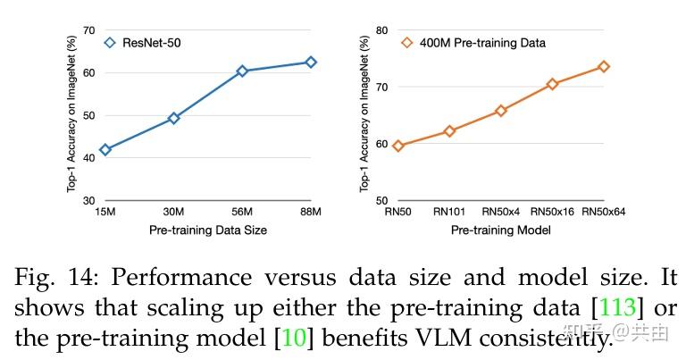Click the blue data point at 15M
click(x=105, y=149)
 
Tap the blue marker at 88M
click(x=311, y=63)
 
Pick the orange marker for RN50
click(x=398, y=146)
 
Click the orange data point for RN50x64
click(x=604, y=66)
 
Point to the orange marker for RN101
click(x=449, y=131)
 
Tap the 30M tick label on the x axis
click(x=173, y=213)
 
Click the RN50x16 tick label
click(x=552, y=213)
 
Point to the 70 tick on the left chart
click(x=88, y=30)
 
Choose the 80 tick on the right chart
click(x=381, y=30)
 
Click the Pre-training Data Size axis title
click(x=207, y=230)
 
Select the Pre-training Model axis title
click(x=500, y=230)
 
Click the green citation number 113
click(x=617, y=308)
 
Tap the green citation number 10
click(x=295, y=338)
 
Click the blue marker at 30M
click(x=173, y=118)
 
